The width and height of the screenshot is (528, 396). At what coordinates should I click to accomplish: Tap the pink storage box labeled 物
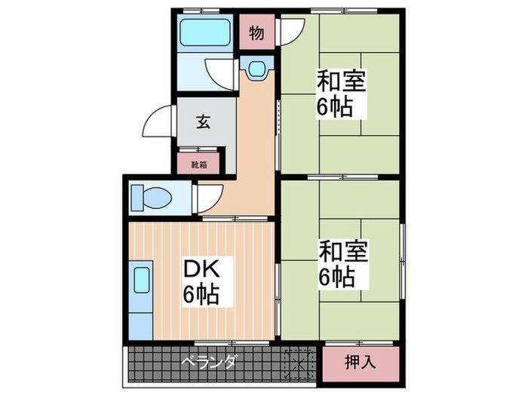(257, 33)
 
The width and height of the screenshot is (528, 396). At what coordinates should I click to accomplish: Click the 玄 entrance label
(203, 121)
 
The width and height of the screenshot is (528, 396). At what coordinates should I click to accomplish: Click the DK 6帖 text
(201, 281)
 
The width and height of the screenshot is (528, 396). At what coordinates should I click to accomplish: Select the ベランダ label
(207, 363)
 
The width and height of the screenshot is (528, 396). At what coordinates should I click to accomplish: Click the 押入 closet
(361, 362)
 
